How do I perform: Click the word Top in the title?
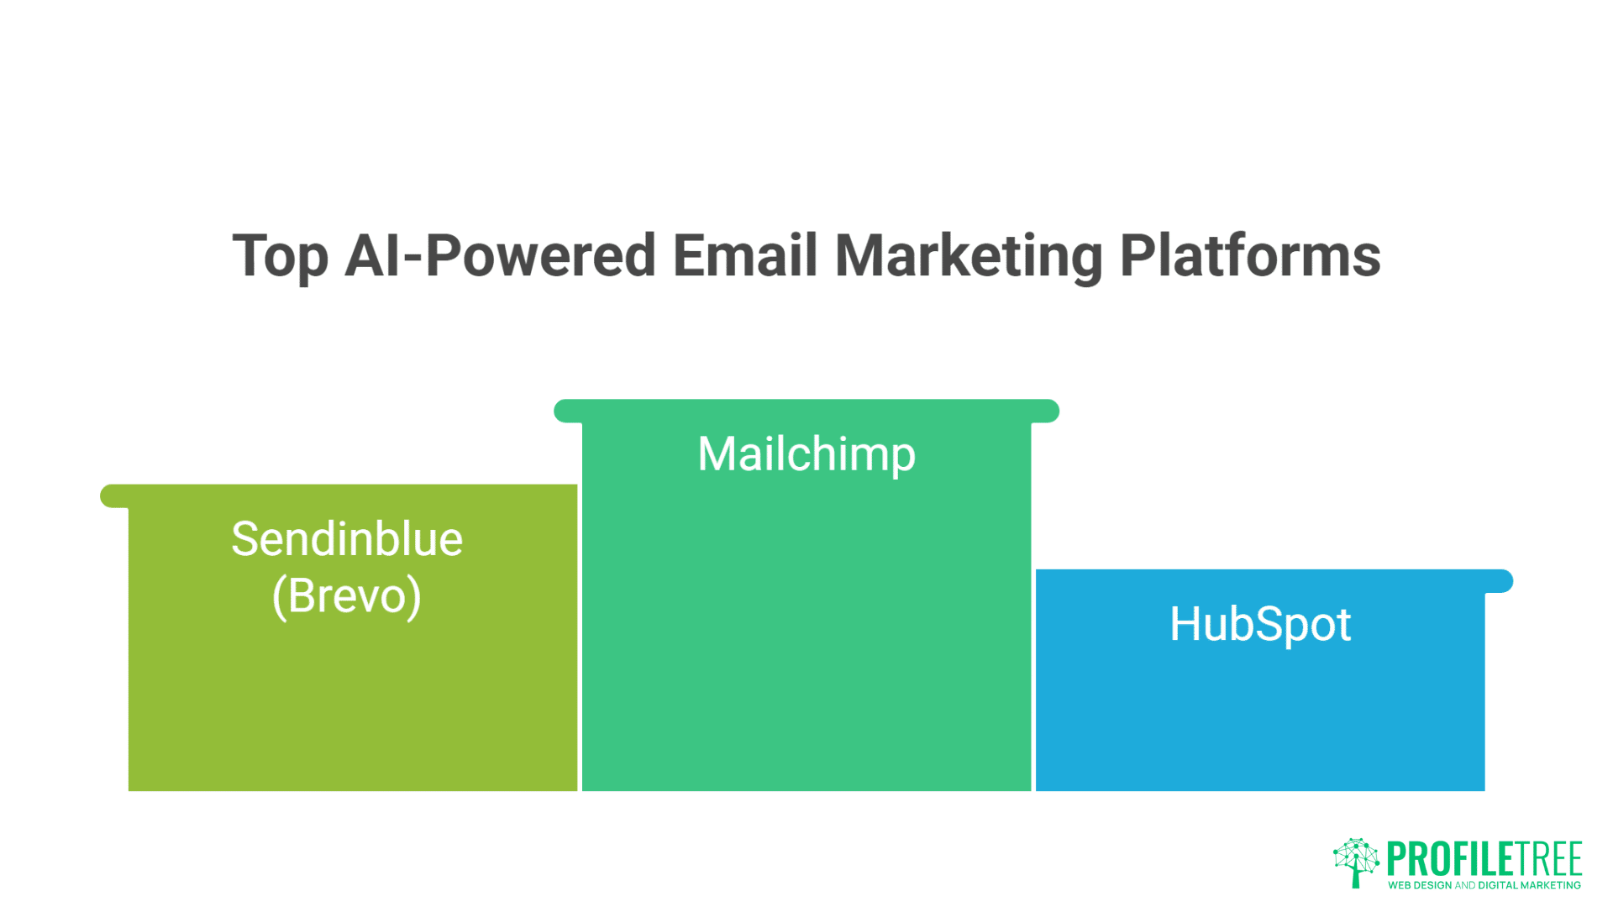280,257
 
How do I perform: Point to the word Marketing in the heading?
969,257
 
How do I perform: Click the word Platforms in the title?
1251,255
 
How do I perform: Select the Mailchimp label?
806,455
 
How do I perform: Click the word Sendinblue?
347,538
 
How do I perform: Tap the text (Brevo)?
347,596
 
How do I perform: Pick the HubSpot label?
1260,625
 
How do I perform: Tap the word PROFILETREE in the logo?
1484,859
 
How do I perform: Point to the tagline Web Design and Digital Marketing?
1484,885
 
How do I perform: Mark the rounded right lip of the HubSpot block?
1499,581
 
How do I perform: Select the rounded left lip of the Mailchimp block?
569,412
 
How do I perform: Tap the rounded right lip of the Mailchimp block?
1045,412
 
